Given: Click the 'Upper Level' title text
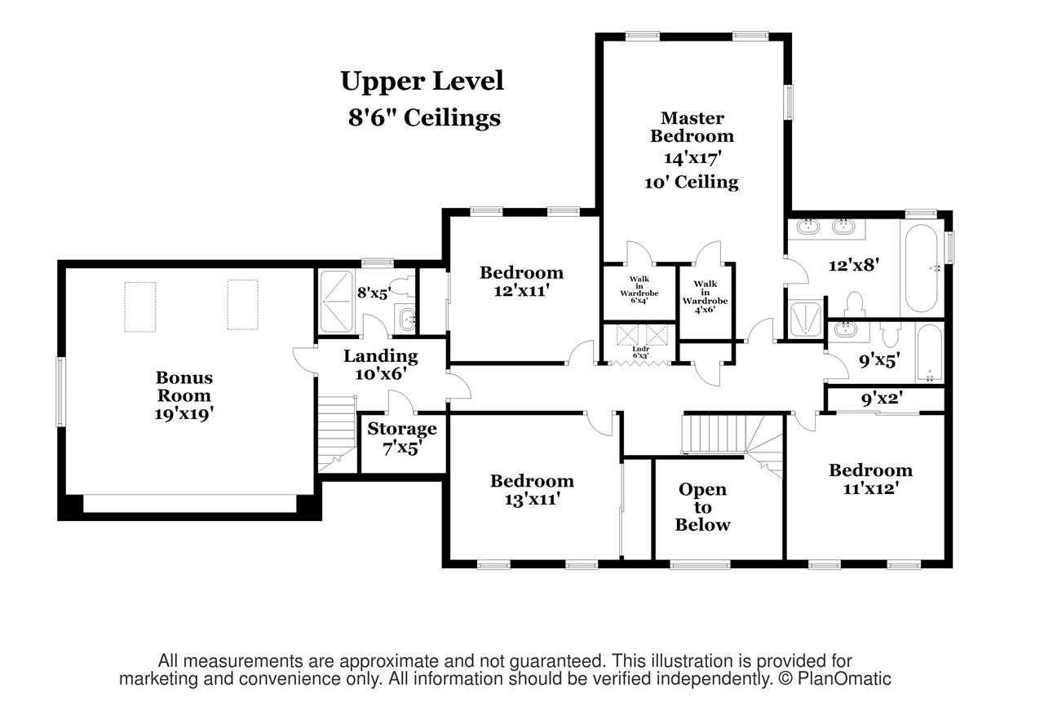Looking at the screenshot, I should (422, 82).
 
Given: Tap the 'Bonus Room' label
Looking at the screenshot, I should (184, 386).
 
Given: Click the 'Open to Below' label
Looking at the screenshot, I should (702, 507).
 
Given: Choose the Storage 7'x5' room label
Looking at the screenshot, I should (401, 438).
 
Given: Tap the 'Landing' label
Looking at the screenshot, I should (380, 356).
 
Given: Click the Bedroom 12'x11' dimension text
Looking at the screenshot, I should (521, 289).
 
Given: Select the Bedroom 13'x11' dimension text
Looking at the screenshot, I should (531, 498).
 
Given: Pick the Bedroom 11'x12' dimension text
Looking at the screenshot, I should (870, 488).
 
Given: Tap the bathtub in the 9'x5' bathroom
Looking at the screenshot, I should (929, 354).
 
